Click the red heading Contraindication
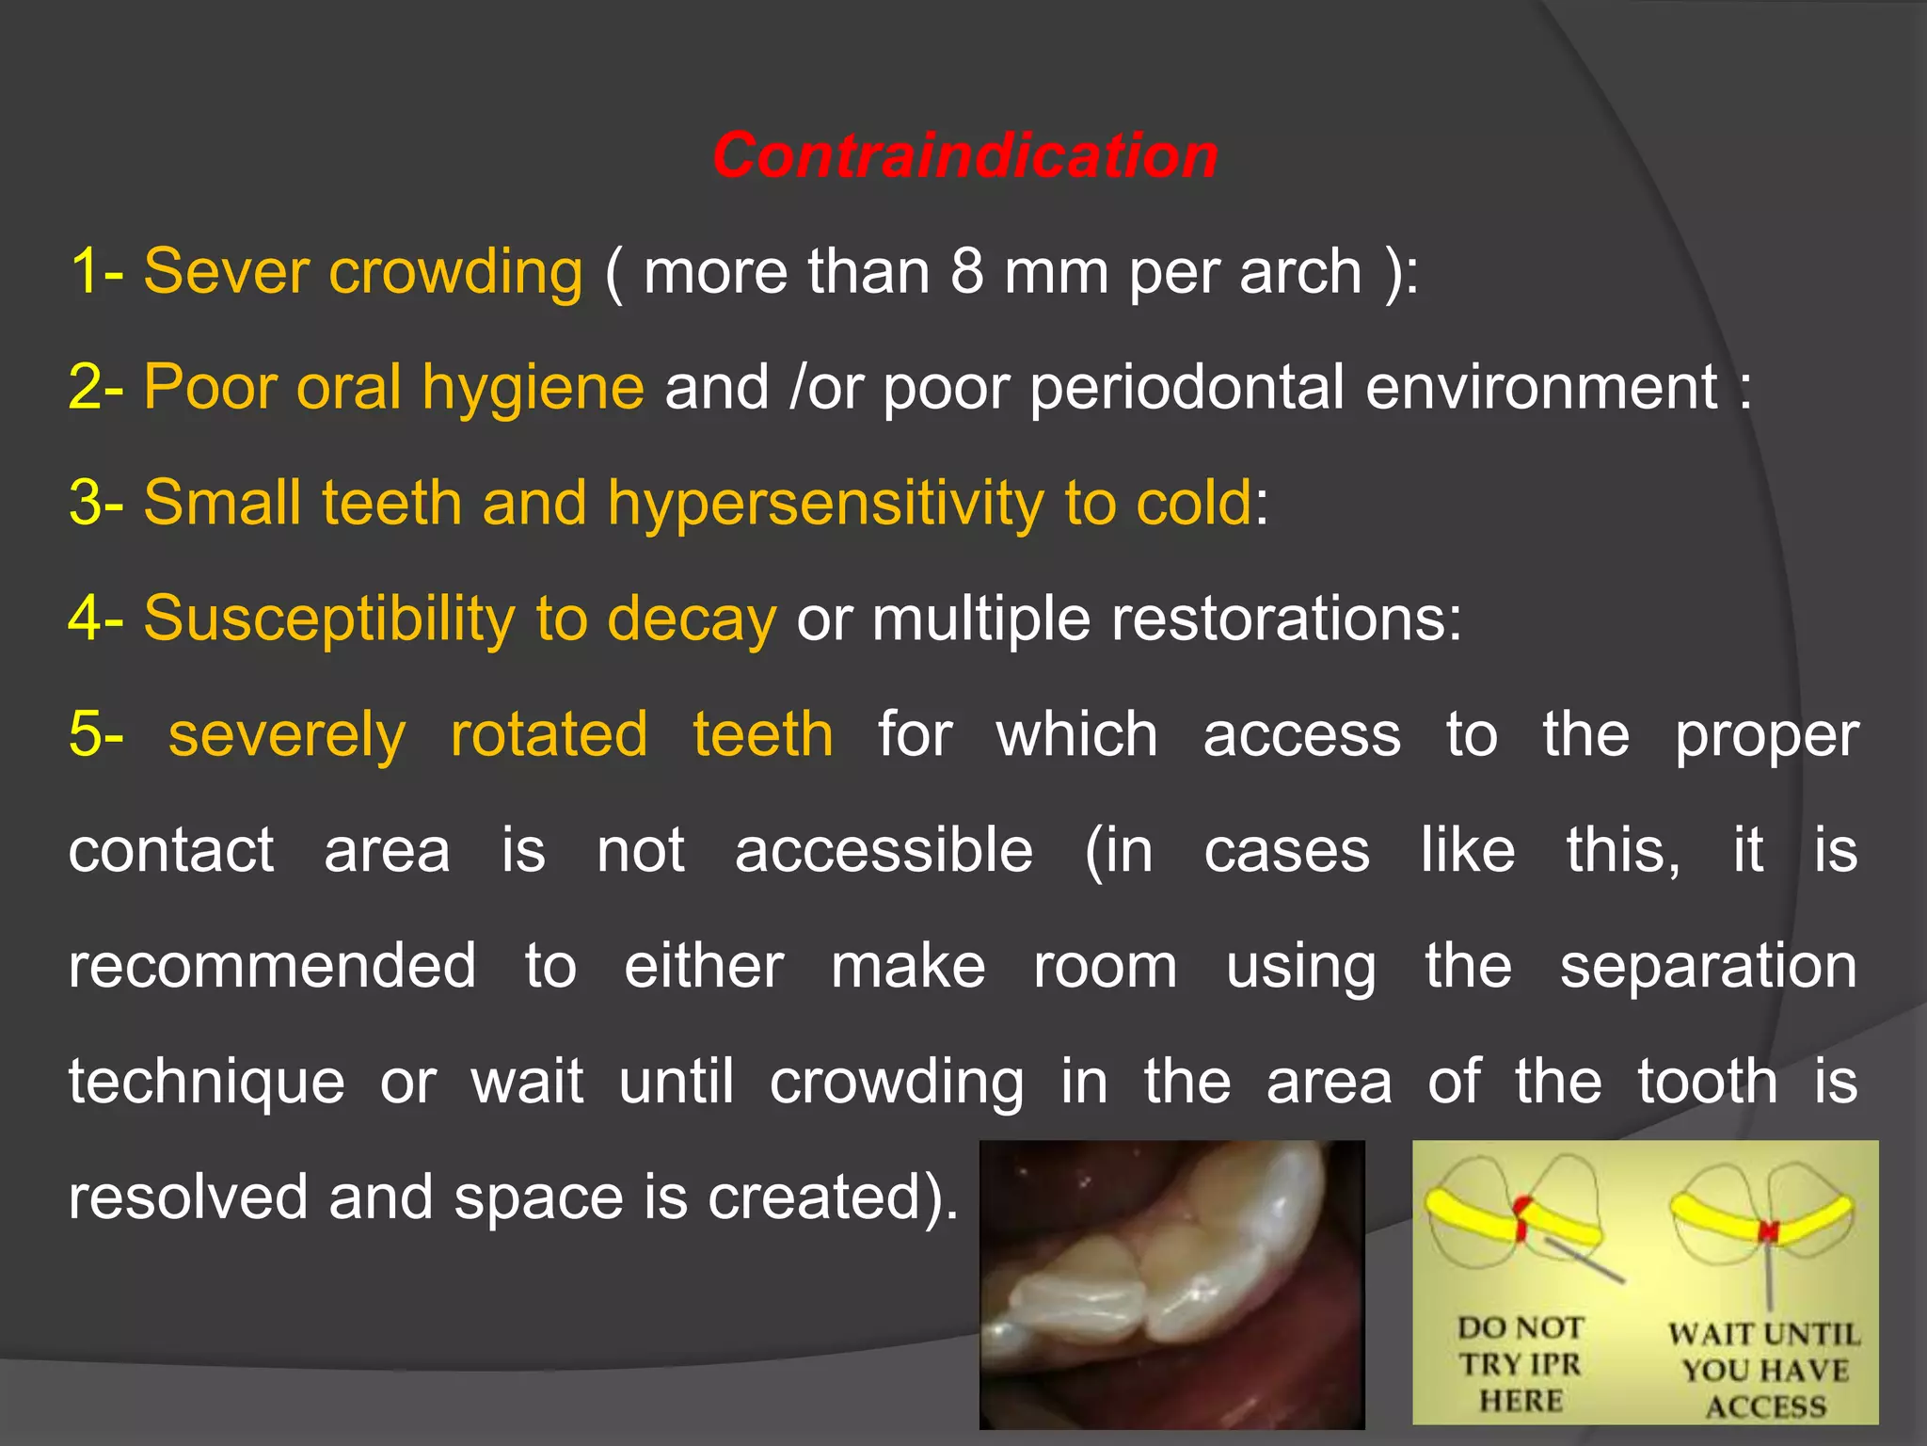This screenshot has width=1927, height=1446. pos(964,155)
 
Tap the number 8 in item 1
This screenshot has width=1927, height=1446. pos(966,271)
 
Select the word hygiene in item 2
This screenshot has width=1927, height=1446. pos(533,388)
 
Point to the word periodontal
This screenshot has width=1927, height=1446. pos(1186,388)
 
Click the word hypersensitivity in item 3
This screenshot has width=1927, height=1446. pos(824,503)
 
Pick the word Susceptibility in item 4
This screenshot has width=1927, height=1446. pos(328,619)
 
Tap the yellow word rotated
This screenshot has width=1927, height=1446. pos(549,734)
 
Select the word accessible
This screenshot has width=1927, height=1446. pos(884,850)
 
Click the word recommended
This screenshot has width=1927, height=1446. pos(272,966)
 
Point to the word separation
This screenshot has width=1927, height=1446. pos(1708,966)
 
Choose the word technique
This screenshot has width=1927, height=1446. pos(207,1082)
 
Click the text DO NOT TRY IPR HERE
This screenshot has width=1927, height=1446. pos(1521,1363)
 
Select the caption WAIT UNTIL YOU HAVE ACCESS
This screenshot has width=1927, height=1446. pos(1764,1370)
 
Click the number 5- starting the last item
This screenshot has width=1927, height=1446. pos(96,734)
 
